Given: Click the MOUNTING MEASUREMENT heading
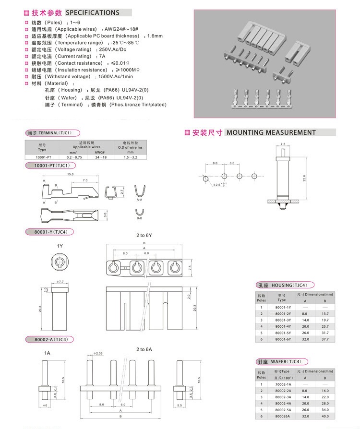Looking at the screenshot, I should [x=271, y=132].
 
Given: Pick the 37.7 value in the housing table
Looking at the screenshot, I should [x=324, y=339].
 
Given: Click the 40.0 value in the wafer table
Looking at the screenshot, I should [x=324, y=417].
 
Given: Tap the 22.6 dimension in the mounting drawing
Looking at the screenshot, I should [x=303, y=178].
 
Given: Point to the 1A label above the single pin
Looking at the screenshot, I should [x=47, y=353].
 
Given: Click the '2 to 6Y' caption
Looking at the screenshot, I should [x=144, y=236].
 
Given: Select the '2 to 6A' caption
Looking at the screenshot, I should [x=144, y=349].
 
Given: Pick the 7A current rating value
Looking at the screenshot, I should [x=102, y=56].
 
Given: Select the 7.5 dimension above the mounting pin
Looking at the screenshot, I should [x=283, y=144].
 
